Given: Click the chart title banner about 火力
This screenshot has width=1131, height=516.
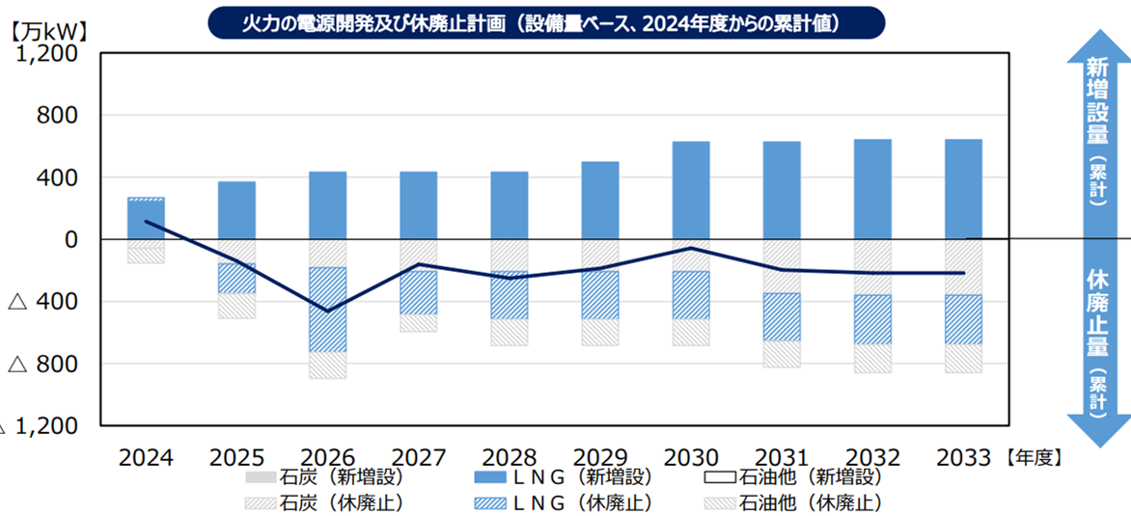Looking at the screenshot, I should tap(546, 22).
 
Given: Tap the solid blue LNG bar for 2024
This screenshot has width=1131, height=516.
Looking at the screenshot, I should tap(146, 219).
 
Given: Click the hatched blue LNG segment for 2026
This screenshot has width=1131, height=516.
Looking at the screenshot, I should tap(327, 310).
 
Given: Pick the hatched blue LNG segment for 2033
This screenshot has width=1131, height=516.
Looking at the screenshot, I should tap(963, 319).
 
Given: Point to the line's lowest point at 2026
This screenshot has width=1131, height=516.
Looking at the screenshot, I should tap(327, 311).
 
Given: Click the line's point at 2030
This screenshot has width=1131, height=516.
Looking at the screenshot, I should tap(691, 248).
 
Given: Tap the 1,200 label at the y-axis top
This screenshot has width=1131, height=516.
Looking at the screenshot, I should tap(46, 54).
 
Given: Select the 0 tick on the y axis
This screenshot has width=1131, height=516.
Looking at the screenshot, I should tap(70, 239).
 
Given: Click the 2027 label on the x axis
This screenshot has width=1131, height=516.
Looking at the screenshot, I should tap(418, 456).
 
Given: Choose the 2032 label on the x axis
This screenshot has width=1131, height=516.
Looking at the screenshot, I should tap(871, 456).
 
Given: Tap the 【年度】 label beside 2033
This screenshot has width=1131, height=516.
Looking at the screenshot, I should tap(1034, 457).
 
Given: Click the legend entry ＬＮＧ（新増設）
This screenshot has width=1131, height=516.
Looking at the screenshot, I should tap(564, 476).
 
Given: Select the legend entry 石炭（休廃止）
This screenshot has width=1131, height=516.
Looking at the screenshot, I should tap(324, 502).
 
